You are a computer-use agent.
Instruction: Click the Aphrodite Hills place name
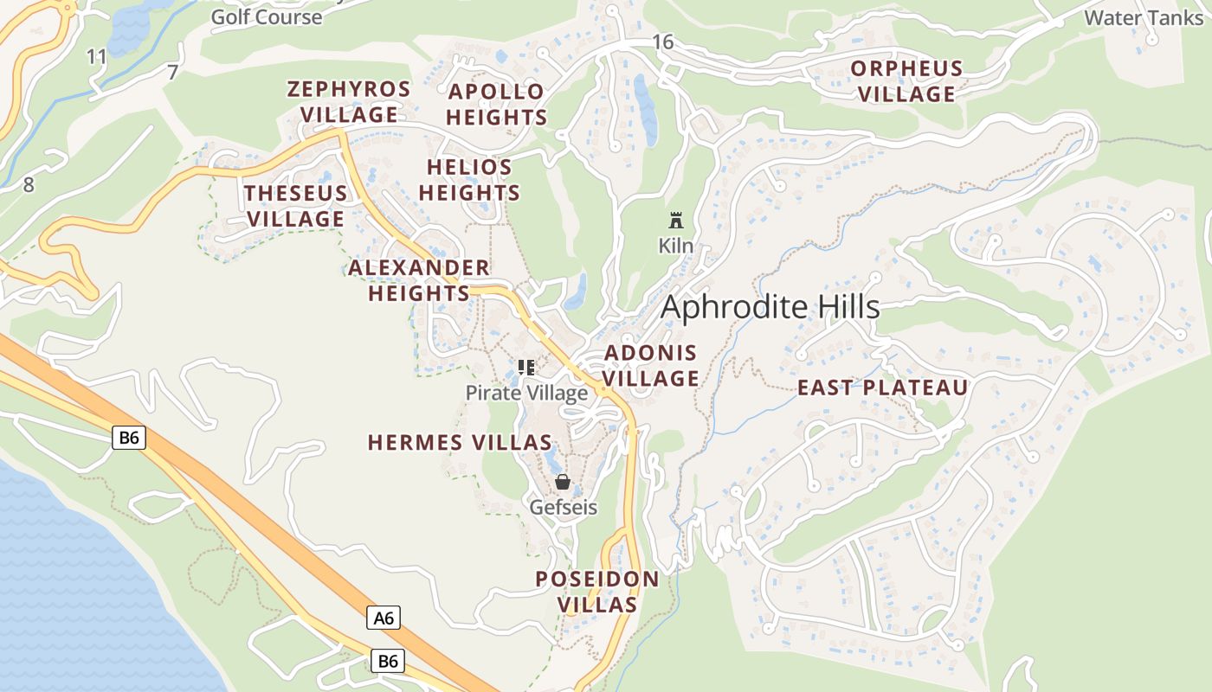click(770, 307)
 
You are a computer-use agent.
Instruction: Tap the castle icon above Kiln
click(676, 220)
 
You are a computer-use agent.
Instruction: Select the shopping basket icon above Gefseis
click(563, 482)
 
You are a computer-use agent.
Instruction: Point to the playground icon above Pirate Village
click(525, 368)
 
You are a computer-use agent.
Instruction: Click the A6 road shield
click(384, 618)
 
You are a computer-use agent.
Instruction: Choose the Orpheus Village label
click(906, 81)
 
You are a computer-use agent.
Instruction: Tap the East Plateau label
click(882, 388)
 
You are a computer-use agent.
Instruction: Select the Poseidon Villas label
click(597, 592)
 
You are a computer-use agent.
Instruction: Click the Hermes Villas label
click(460, 443)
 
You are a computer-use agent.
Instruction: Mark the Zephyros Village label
click(349, 102)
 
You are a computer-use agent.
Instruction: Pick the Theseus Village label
click(296, 206)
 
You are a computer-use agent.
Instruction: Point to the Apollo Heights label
click(497, 104)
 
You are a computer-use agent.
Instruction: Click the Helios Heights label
click(470, 180)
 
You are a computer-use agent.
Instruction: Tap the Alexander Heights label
click(419, 280)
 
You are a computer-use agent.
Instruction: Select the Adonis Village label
click(651, 365)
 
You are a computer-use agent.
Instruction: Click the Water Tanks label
click(1144, 17)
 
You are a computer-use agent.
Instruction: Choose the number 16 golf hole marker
click(663, 42)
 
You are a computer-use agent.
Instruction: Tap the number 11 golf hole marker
click(97, 57)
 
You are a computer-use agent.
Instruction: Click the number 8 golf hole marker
click(29, 184)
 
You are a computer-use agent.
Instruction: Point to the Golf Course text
click(267, 16)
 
